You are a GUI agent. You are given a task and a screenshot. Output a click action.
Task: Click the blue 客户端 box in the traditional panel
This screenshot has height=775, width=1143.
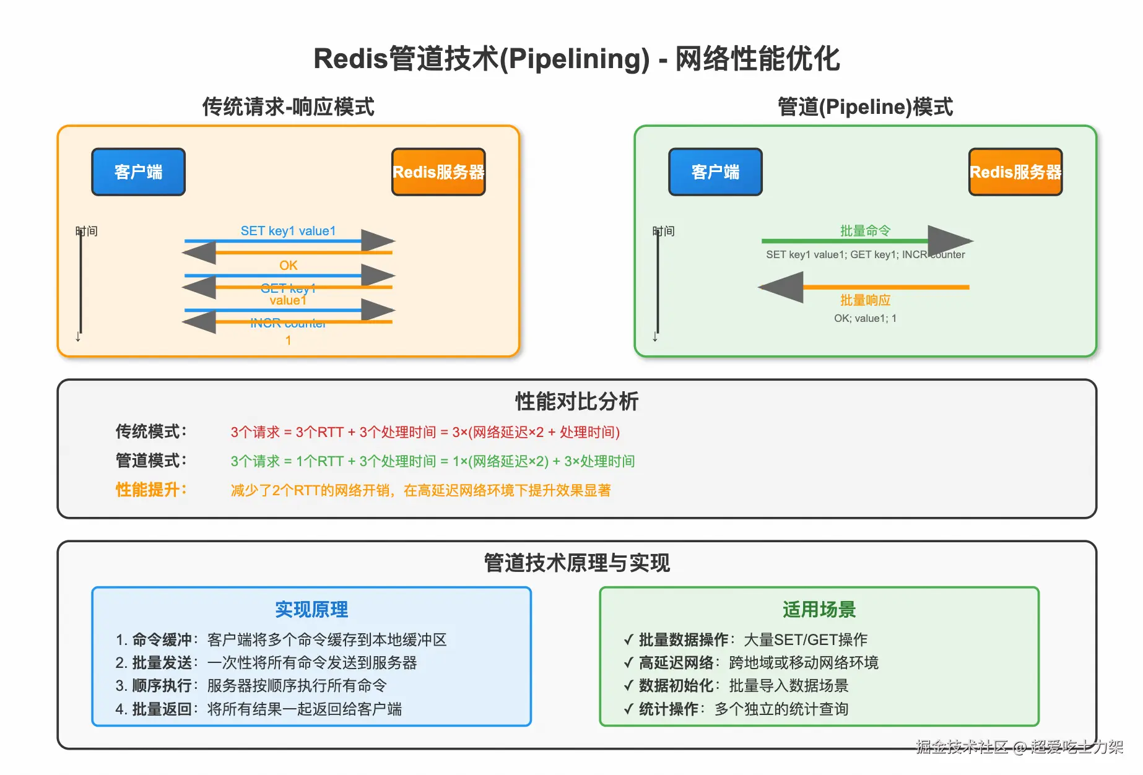coord(138,172)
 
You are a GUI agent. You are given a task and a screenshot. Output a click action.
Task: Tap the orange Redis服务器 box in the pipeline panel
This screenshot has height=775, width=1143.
coord(1015,172)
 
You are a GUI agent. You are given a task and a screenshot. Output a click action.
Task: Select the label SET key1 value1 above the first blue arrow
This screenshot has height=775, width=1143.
coord(288,231)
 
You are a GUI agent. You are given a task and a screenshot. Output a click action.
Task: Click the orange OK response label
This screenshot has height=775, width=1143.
coord(288,266)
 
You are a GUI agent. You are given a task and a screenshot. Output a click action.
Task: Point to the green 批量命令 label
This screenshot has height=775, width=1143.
coord(865,231)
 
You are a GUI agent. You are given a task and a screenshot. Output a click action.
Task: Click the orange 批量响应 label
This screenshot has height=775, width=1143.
coord(865,300)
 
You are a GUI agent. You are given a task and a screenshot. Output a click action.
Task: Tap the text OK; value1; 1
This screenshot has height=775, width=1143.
coord(865,318)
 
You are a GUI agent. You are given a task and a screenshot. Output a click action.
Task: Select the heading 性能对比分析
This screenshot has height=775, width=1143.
coord(576,401)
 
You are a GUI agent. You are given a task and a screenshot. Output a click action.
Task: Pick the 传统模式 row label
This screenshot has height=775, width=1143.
coord(150,431)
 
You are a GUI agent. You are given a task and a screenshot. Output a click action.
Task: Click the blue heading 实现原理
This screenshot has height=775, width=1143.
coord(311,610)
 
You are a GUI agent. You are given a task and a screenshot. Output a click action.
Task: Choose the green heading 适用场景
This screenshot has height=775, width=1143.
coord(819,610)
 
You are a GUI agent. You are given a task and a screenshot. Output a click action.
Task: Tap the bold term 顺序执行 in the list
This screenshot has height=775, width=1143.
coord(162,686)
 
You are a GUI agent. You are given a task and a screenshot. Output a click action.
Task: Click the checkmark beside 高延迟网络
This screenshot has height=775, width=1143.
coord(628,663)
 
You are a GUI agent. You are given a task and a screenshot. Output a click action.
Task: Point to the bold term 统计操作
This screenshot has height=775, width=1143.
coord(668,709)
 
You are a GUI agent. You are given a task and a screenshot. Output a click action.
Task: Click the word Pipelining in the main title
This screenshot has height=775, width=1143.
coord(574,59)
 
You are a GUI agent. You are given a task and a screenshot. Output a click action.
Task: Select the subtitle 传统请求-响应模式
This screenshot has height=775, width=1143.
coord(288,106)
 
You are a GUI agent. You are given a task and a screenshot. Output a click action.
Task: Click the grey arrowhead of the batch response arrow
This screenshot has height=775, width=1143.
coord(781,287)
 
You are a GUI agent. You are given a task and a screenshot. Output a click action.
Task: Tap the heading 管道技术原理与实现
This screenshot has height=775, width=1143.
coord(576,563)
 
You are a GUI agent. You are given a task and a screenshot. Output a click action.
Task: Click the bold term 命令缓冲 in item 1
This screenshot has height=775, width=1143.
coord(162,640)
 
